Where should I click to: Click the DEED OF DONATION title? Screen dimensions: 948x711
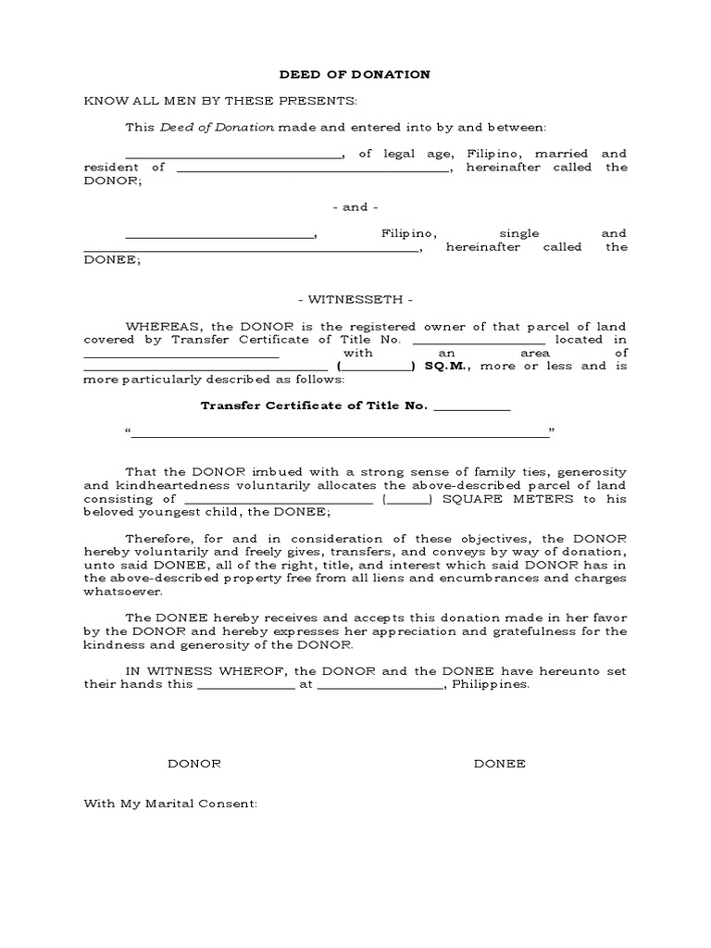click(x=355, y=74)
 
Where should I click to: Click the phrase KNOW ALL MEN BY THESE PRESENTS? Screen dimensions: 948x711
click(x=220, y=100)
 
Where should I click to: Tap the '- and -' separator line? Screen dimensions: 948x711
click(x=355, y=207)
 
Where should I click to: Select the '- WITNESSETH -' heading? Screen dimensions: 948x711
click(x=355, y=300)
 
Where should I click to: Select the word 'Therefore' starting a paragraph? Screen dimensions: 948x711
click(x=156, y=539)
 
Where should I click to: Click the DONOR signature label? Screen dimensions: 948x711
click(x=193, y=764)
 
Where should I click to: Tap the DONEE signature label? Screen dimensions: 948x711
click(x=500, y=764)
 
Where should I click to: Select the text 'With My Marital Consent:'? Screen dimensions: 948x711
click(x=170, y=804)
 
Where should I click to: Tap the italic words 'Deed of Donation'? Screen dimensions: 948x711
click(x=218, y=127)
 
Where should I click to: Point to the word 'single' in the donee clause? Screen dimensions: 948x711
click(x=518, y=233)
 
